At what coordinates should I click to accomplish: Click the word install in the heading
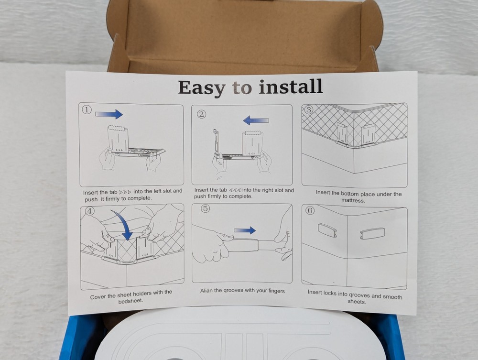click(x=291, y=87)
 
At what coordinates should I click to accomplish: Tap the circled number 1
click(x=86, y=109)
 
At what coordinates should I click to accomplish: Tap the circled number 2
click(x=201, y=114)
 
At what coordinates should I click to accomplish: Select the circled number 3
click(x=308, y=109)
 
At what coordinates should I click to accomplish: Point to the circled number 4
click(x=89, y=211)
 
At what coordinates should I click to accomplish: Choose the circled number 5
click(x=205, y=209)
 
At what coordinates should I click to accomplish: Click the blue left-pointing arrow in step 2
click(x=256, y=120)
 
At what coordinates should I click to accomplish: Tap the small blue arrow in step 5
click(x=245, y=230)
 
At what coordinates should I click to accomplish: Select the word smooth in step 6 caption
click(x=392, y=296)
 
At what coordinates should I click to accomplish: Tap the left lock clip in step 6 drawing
click(x=327, y=230)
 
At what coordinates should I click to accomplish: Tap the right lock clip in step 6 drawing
click(x=372, y=233)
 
